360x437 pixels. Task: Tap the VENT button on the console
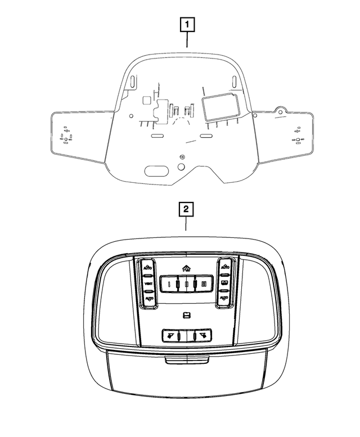tap(148, 283)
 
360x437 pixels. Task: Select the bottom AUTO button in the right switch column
tap(224, 296)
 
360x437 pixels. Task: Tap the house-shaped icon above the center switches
tap(186, 269)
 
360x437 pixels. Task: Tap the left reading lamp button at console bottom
tap(170, 335)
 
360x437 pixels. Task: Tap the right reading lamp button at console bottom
tap(201, 335)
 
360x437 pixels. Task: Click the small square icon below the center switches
tap(186, 315)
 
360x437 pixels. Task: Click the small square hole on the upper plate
tap(146, 100)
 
